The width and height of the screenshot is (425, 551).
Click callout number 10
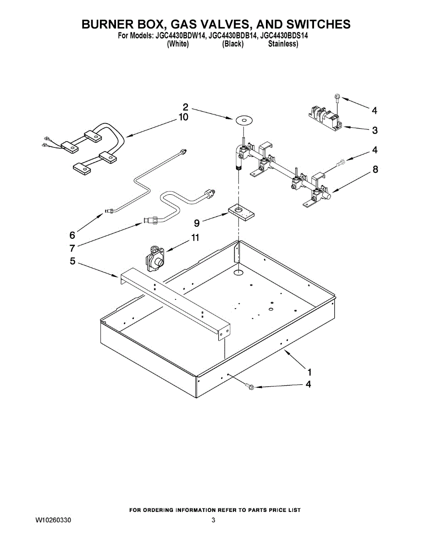tap(183, 118)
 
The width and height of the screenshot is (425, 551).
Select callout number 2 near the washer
tap(186, 107)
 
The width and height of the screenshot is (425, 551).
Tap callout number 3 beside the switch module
tap(375, 130)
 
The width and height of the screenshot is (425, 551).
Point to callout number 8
tap(375, 169)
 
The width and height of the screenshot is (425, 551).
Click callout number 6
tap(72, 235)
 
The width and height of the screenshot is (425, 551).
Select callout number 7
tap(72, 248)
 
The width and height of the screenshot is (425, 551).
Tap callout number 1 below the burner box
tap(310, 371)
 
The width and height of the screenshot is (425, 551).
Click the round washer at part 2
tap(244, 120)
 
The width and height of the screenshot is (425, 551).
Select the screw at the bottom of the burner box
tap(250, 387)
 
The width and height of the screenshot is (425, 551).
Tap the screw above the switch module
tap(338, 97)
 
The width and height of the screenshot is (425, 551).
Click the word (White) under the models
tap(178, 44)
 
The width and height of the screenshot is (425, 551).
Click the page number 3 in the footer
tap(213, 520)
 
